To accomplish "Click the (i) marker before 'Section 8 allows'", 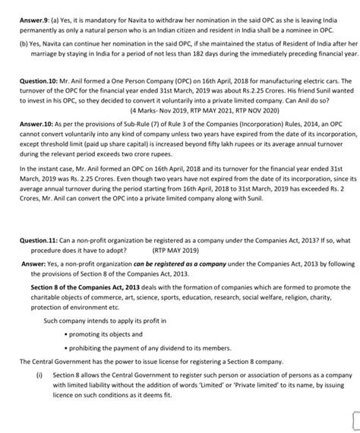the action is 38,375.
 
